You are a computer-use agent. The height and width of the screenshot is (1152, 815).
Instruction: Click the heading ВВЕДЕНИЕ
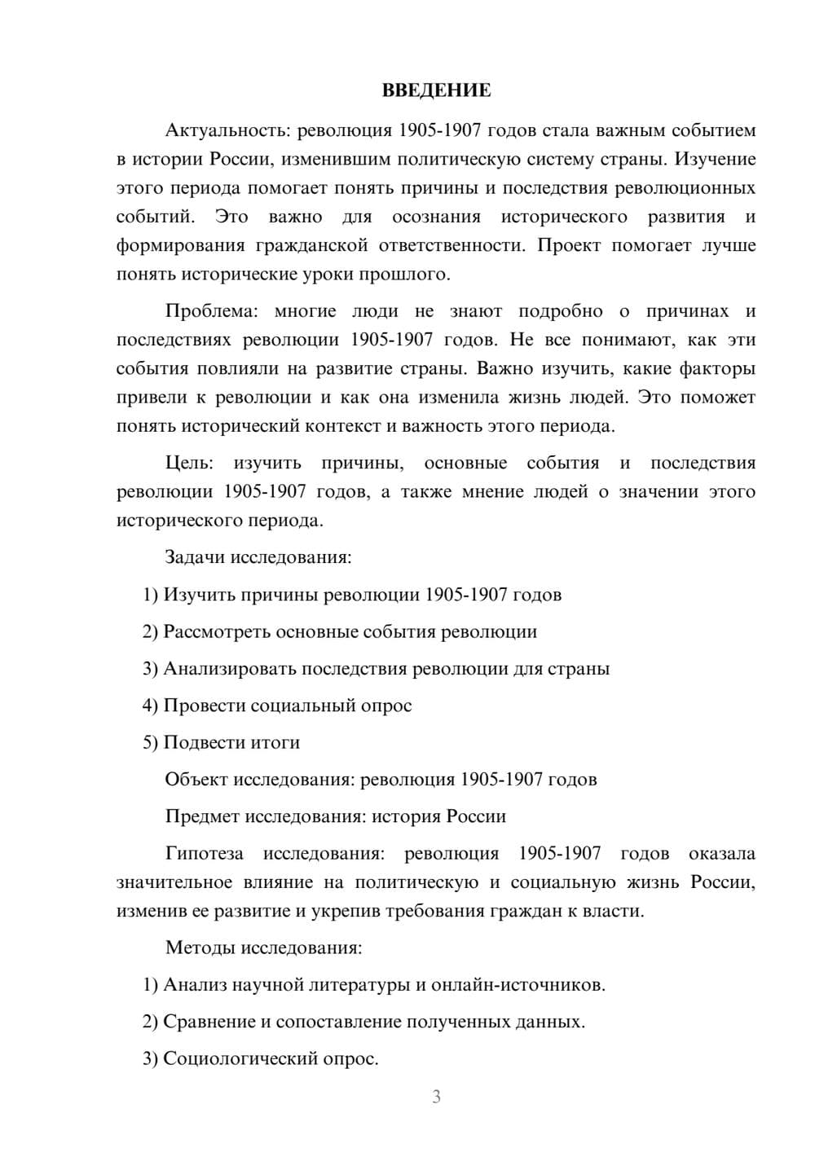pyautogui.click(x=436, y=90)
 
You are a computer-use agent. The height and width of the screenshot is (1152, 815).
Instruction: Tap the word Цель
pyautogui.click(x=189, y=464)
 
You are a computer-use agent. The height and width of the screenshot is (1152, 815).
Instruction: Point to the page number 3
pyautogui.click(x=436, y=1097)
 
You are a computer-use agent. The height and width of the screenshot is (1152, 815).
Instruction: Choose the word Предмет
pyautogui.click(x=202, y=816)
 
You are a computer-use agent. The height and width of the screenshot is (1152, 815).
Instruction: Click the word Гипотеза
pyautogui.click(x=204, y=854)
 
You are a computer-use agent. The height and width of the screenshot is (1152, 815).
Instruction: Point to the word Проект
pyautogui.click(x=569, y=245)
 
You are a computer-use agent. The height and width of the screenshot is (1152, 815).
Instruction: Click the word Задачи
pyautogui.click(x=196, y=558)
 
